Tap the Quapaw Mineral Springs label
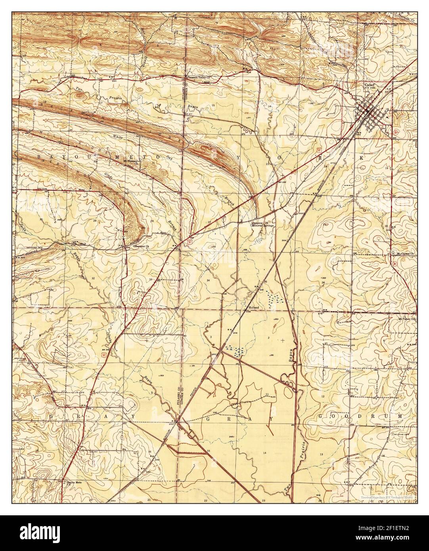coord(262,224)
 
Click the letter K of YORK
coord(361,157)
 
